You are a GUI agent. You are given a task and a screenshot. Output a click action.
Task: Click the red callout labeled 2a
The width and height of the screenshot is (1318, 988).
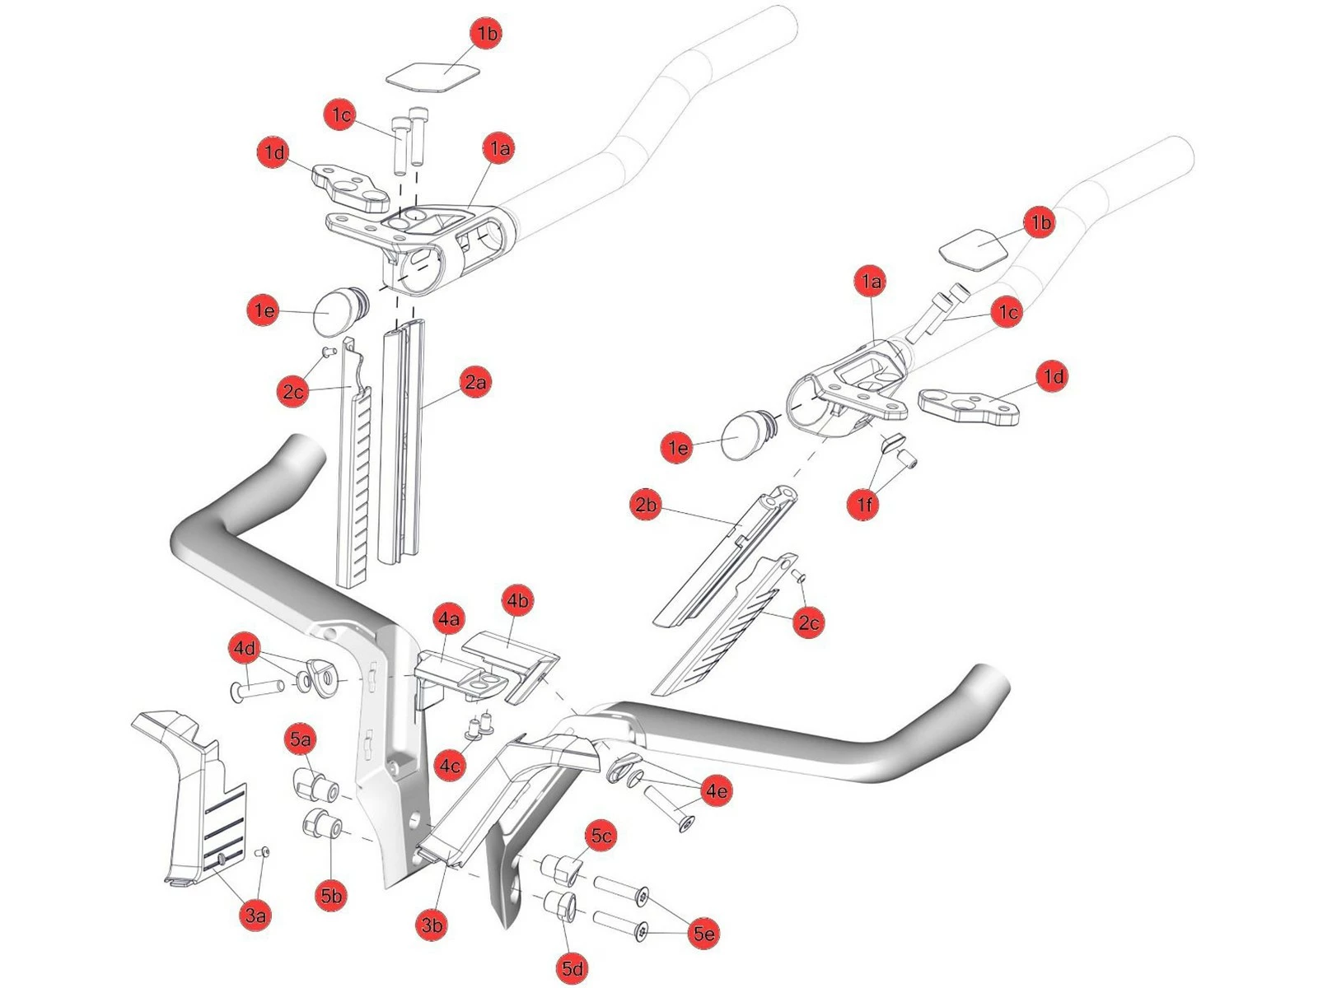coord(475,382)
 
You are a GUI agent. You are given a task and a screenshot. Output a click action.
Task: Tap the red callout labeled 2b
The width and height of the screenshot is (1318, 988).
coord(646,504)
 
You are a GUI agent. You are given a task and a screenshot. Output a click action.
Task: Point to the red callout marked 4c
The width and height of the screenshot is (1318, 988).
coord(451,766)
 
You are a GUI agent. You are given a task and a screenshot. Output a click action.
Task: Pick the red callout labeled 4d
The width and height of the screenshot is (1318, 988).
coord(245,649)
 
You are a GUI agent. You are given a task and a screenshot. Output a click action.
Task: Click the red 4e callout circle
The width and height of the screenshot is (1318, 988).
coord(716,791)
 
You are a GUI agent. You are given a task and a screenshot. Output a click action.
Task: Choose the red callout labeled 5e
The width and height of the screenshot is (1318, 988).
coord(703,933)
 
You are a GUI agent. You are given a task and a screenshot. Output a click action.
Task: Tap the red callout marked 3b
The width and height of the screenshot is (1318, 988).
coord(432,925)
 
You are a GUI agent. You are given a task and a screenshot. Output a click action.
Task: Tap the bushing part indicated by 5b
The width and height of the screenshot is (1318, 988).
coord(321,824)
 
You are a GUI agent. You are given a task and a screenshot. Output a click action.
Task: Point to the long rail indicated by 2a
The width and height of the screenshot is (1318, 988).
coord(403,445)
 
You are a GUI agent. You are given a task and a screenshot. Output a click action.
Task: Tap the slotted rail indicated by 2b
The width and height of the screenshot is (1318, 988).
coord(725,560)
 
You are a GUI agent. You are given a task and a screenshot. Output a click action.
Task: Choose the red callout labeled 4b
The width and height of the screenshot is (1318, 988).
coord(516,600)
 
